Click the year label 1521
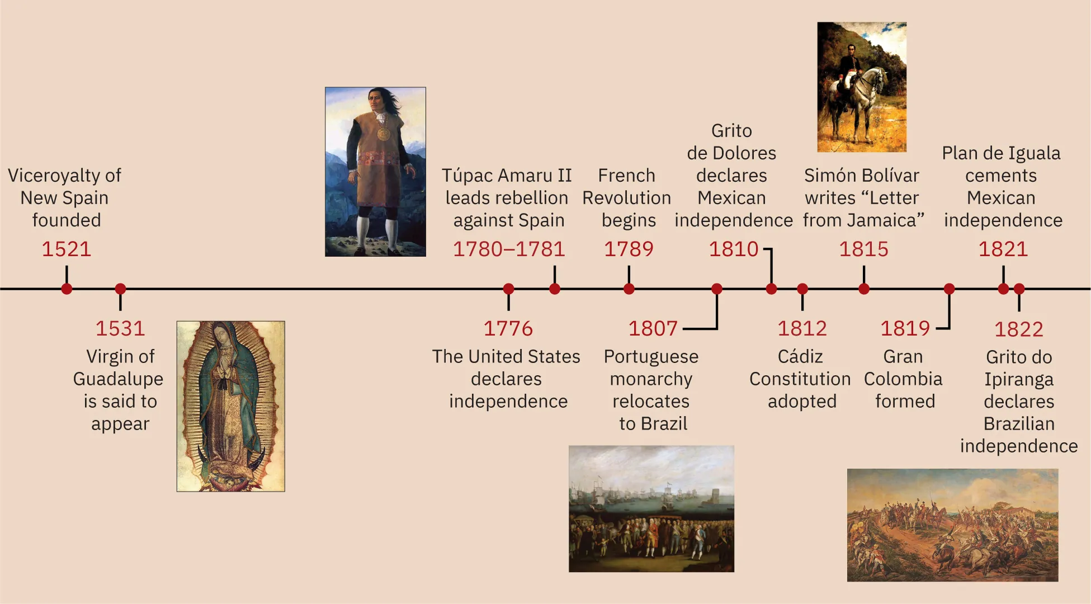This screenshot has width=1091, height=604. pos(66,249)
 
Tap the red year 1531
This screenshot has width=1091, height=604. pos(120,328)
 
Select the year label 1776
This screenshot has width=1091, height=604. pos(508,328)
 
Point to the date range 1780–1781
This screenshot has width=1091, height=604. pos(509,249)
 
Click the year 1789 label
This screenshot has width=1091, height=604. pos(629,249)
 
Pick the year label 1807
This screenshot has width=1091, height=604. pos(653,328)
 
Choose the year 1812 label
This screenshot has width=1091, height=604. pos(802,328)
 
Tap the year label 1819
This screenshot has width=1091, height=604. pos(905,328)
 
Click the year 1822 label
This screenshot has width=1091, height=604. pos(1018,329)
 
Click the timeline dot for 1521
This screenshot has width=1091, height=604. pos(67,289)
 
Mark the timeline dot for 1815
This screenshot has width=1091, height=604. pos(863,289)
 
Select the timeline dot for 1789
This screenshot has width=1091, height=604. pos(629,289)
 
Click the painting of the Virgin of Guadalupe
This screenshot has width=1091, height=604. pos(230,406)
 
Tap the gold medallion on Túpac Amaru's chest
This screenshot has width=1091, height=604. pos(384,134)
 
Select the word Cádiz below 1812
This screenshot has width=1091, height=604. pos(800,357)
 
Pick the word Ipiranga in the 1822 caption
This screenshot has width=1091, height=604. pos(1018,380)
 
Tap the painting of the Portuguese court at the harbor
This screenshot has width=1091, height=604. pos(651,508)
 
